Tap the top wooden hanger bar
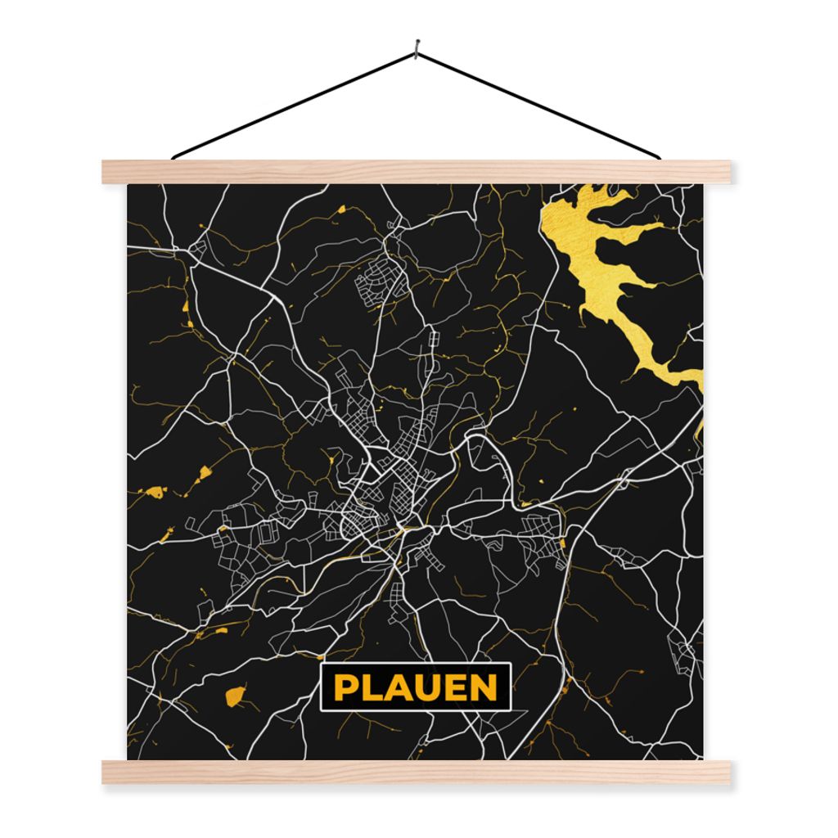pyautogui.click(x=417, y=171)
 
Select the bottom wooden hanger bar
pyautogui.click(x=417, y=772)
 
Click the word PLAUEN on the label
pyautogui.click(x=416, y=687)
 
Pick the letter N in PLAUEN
pyautogui.click(x=484, y=687)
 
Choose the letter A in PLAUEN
pyautogui.click(x=396, y=687)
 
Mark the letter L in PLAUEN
pyautogui.click(x=370, y=687)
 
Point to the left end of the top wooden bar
pyautogui.click(x=106, y=171)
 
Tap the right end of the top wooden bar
pyautogui.click(x=728, y=171)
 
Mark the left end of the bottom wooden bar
pyautogui.click(x=106, y=772)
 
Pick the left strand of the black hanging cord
pyautogui.click(x=295, y=105)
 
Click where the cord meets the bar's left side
pyautogui.click(x=173, y=156)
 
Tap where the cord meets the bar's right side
pyautogui.click(x=658, y=156)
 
